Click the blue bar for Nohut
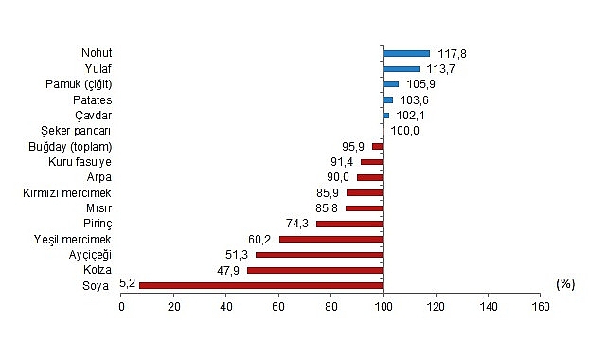[x=406, y=53]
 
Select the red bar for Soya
[x=261, y=286]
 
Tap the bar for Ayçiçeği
[x=319, y=255]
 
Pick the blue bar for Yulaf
[x=402, y=69]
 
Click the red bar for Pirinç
[x=349, y=224]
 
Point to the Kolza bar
[x=315, y=270]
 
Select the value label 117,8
[x=452, y=54]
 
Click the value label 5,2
[x=127, y=283]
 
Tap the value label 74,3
[x=297, y=224]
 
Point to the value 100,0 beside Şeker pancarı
[x=404, y=131]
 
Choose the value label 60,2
[x=259, y=240]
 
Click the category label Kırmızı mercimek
[x=67, y=192]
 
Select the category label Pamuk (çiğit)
[x=79, y=84]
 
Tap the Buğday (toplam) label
[x=70, y=147]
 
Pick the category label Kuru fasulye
[x=80, y=162]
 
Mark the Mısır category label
[x=98, y=208]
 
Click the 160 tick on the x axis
[x=541, y=307]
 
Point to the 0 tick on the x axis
[x=121, y=307]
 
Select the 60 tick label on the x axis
[x=278, y=307]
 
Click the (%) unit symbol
[x=565, y=284]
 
